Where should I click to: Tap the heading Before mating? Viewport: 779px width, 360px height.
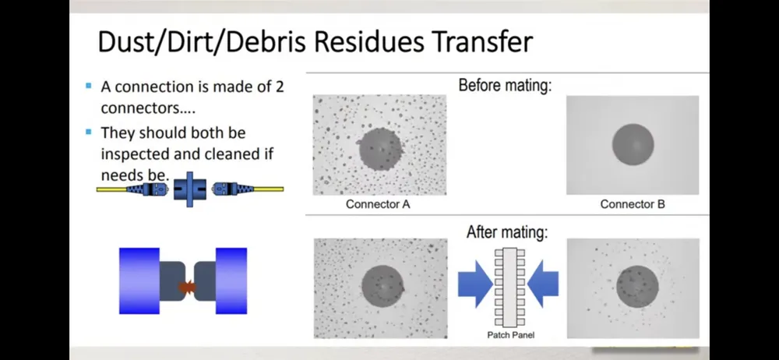coord(505,85)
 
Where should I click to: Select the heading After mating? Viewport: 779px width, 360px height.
coord(507,231)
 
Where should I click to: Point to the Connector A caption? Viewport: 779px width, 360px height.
coord(378,204)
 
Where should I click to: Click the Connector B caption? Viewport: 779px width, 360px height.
coord(633,204)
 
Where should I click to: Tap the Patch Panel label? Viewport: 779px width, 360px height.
coord(511,335)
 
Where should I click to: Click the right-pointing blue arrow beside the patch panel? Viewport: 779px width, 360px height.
coord(475,284)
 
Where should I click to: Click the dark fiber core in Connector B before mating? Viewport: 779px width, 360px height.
coord(633,145)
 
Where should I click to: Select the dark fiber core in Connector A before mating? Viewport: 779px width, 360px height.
coord(380,149)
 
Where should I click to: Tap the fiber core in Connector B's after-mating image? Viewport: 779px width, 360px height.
coord(637,287)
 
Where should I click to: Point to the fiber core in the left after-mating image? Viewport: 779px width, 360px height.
coord(382,286)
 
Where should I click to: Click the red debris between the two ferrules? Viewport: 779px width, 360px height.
coord(187,287)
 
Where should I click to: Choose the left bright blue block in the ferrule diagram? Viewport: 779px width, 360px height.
coord(139,281)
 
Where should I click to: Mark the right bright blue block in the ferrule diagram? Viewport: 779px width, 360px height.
coord(231,281)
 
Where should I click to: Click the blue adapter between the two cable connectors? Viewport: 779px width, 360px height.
coord(189,189)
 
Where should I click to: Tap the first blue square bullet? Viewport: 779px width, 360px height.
coord(89,86)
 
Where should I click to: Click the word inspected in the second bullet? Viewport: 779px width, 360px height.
coord(134,154)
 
